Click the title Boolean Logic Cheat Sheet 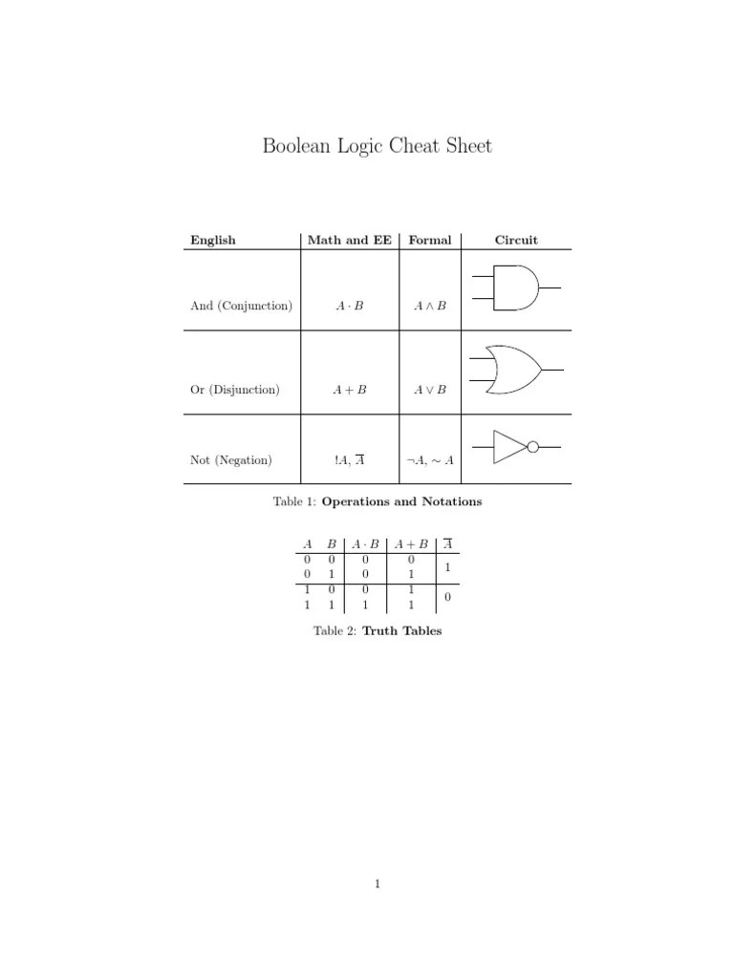(x=378, y=146)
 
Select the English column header (x=212, y=240)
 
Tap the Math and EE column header (x=350, y=240)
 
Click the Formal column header (x=429, y=240)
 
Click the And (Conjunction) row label (x=241, y=307)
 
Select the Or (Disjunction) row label (x=234, y=390)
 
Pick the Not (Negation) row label (x=230, y=460)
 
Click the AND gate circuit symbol (x=517, y=287)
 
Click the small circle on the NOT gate (x=533, y=446)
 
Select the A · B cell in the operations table (x=349, y=307)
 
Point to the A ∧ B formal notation (x=429, y=307)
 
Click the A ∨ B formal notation (x=429, y=390)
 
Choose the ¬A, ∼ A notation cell (x=429, y=460)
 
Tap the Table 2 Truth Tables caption (x=378, y=631)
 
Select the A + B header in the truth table (x=410, y=544)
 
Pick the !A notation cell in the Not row (x=349, y=460)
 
